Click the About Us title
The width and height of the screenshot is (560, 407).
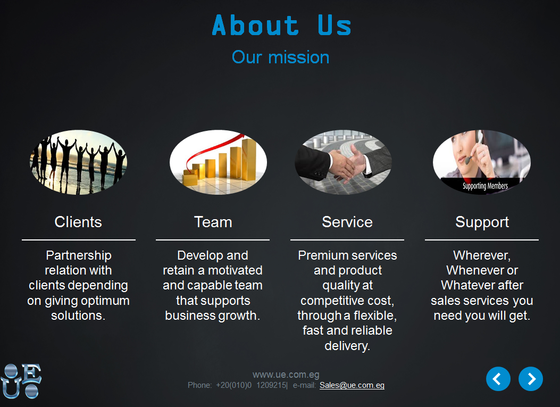tap(281, 25)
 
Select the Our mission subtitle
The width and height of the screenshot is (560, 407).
tap(280, 57)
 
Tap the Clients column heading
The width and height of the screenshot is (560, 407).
tap(78, 222)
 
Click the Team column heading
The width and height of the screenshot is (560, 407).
tap(213, 222)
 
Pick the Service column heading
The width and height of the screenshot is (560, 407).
tap(347, 222)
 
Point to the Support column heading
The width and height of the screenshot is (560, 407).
tap(482, 222)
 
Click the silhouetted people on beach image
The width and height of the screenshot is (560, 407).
tap(78, 162)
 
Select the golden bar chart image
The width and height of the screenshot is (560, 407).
tap(218, 162)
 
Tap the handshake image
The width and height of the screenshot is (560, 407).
tap(343, 162)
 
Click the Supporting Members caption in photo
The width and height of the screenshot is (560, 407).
tap(485, 186)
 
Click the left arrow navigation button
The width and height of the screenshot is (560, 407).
tap(498, 379)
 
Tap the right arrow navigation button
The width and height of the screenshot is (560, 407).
tap(531, 379)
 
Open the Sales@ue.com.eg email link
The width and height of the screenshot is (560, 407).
tap(352, 385)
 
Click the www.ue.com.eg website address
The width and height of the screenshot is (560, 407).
tap(286, 375)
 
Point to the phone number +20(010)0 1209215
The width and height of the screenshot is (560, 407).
tap(251, 385)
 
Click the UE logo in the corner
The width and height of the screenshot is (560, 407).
tap(21, 381)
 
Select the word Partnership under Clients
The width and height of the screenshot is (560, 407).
tap(79, 256)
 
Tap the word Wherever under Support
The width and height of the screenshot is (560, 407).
tap(482, 256)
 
